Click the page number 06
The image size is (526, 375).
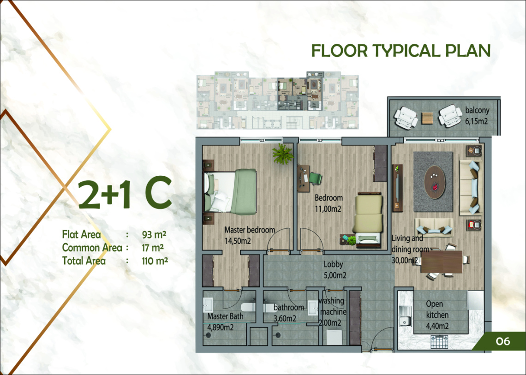tap(503, 341)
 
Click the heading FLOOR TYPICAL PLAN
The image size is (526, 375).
tap(401, 51)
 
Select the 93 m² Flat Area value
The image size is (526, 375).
tap(154, 234)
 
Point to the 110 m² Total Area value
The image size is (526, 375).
tap(155, 261)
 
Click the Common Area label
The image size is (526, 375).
tap(92, 248)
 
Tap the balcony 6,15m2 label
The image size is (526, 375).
tap(477, 116)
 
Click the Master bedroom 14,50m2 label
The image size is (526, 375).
tap(250, 235)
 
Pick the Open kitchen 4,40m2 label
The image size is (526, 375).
tap(437, 315)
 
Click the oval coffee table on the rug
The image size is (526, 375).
tap(435, 183)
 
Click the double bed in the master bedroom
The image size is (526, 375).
tap(230, 191)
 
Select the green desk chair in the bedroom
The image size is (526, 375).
tap(315, 178)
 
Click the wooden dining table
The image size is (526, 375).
tap(442, 262)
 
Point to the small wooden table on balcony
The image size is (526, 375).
tap(427, 118)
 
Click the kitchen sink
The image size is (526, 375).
tap(405, 316)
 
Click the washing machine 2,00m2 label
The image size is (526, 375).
tap(332, 312)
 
